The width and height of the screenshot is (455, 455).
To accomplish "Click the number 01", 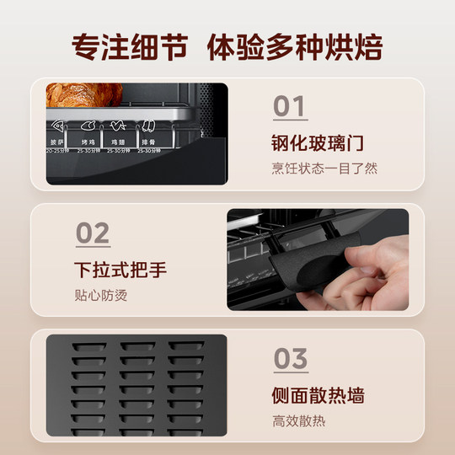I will tap(291, 107).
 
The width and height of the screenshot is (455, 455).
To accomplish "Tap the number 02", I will tap(93, 233).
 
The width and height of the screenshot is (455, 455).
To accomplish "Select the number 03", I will tap(291, 358).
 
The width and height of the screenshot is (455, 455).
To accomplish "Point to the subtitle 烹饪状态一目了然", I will tap(324, 168).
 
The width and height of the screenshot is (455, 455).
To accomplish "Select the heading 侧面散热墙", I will tap(320, 396).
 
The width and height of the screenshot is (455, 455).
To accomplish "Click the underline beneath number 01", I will tap(291, 122).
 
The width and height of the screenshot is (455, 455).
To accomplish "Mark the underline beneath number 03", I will tap(291, 373).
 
